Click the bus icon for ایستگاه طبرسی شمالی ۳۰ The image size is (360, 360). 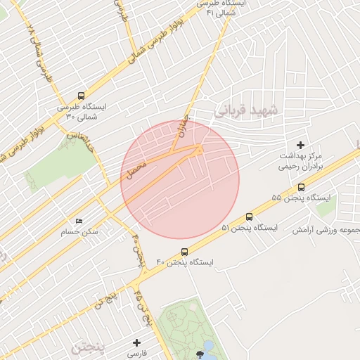pos(81,96)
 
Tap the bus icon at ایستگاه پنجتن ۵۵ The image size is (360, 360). pos(301,187)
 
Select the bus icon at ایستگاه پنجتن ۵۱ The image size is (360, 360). pos(249,217)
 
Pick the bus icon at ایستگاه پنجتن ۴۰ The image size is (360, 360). pos(185,251)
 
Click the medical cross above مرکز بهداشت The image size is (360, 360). pos(301,144)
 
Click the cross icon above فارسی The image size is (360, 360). pos(138,342)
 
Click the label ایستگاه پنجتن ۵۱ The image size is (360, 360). pos(250,228)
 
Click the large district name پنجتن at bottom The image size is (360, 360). pos(91,347)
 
